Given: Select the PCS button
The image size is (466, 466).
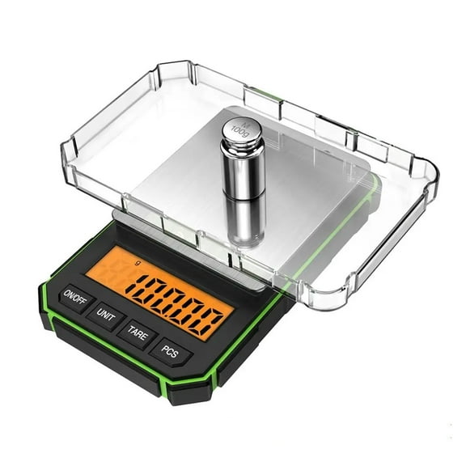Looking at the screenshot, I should (173, 353).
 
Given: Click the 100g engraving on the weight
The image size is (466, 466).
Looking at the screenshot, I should (237, 130).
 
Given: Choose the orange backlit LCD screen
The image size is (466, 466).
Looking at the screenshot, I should (162, 291).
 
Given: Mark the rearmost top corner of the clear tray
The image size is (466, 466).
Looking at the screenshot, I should (182, 66).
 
